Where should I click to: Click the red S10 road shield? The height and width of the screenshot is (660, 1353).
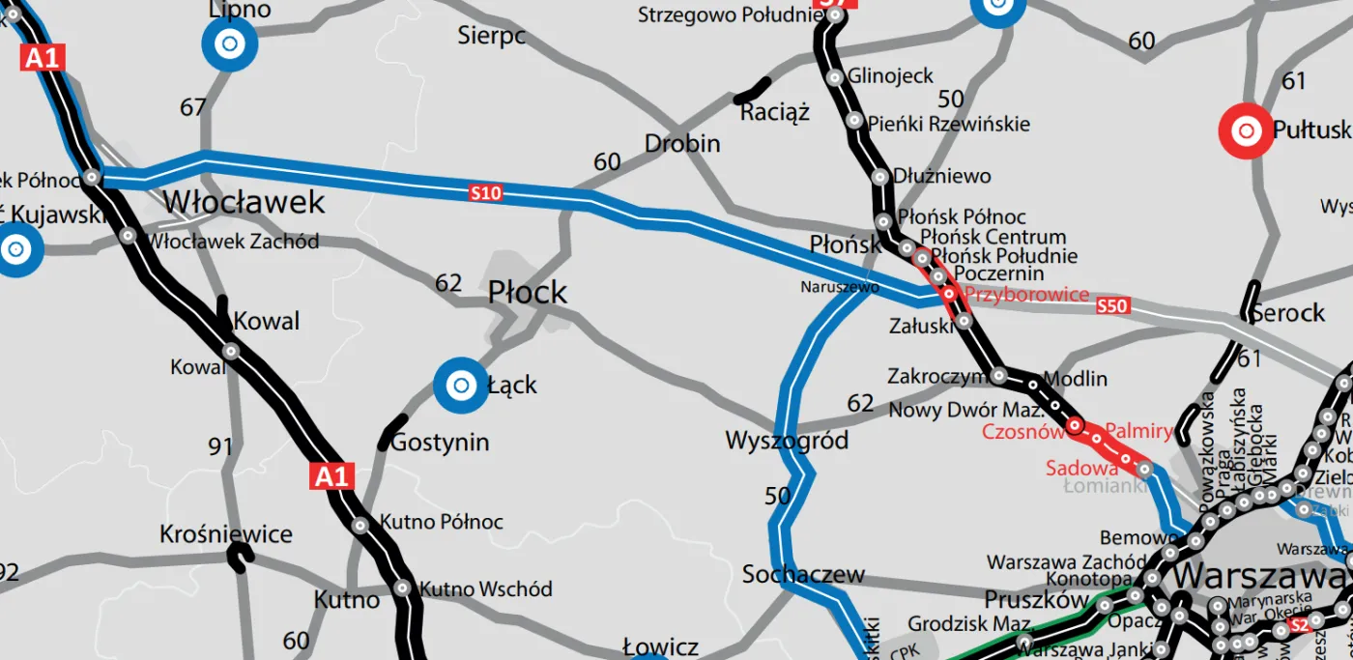coord(486,193)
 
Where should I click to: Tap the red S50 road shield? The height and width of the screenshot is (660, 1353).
coord(1112,306)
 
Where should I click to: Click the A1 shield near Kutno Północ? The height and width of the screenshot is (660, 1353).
coord(331,475)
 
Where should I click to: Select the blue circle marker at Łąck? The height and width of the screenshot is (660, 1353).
coord(460,386)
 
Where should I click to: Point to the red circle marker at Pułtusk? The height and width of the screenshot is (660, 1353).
coord(1247,129)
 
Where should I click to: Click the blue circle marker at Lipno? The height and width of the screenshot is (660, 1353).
coord(229,43)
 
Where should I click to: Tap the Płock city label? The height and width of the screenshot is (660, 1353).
coord(527,292)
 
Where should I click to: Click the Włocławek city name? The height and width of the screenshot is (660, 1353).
coord(244,203)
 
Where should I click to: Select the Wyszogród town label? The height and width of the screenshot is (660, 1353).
coord(787,442)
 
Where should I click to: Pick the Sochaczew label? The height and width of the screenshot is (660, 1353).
coord(803,575)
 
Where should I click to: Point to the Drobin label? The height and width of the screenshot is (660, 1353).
coord(682,144)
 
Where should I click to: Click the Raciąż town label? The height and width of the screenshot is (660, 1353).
coord(774,113)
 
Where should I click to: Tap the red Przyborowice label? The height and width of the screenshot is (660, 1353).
coord(1026,295)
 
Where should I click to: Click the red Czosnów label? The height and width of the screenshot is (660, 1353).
coord(1022,432)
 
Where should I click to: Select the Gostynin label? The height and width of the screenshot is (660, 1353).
coord(440,443)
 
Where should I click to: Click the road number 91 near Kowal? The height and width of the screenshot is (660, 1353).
coord(220,446)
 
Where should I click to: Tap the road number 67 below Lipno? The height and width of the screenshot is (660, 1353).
coord(193,107)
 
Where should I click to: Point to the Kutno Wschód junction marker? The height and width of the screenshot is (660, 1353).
coord(402,588)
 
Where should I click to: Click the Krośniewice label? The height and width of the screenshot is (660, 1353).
coord(226,534)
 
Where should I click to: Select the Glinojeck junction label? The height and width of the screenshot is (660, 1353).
coord(890,76)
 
